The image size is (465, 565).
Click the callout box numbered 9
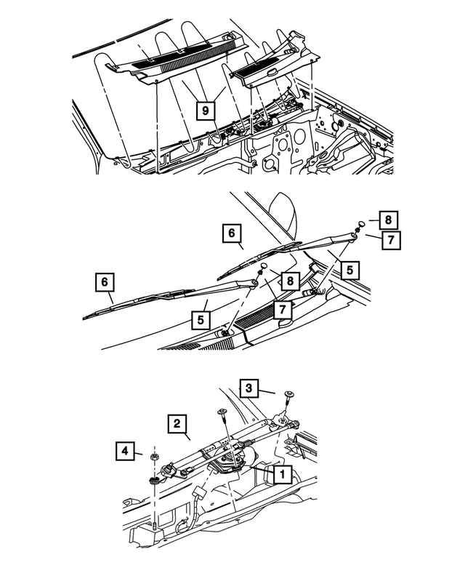(x=206, y=110)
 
